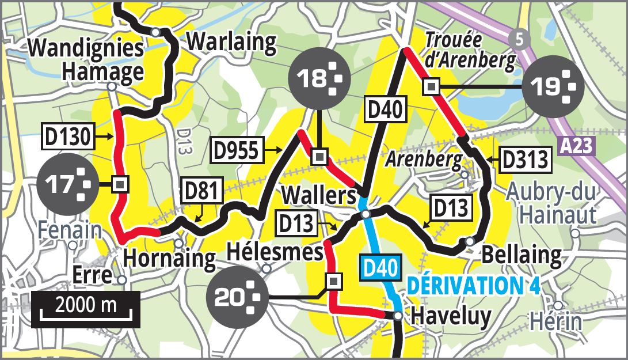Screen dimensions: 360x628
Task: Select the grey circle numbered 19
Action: click(553, 87)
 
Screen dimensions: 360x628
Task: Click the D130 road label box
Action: click(67, 137)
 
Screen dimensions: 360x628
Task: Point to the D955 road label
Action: click(237, 150)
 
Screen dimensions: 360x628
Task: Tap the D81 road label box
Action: click(201, 191)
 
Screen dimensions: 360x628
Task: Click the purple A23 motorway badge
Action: click(576, 146)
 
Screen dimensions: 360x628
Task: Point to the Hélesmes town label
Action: click(275, 252)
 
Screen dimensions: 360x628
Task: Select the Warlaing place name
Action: click(232, 41)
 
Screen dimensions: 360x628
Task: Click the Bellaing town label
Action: click(521, 254)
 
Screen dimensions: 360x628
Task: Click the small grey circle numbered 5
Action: click(520, 40)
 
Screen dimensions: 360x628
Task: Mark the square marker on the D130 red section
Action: click(120, 184)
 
